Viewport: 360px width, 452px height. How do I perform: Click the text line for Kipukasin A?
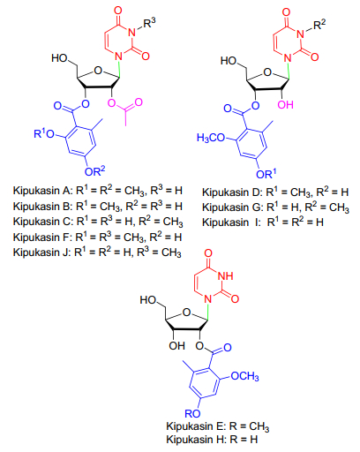[x=98, y=191]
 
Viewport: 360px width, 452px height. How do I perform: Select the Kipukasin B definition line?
[x=98, y=206]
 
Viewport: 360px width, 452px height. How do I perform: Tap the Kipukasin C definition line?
[x=98, y=222]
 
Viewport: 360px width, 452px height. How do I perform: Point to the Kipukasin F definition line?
[x=97, y=237]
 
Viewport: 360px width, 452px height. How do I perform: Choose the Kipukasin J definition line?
[x=97, y=252]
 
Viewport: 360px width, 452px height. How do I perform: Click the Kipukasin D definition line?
[x=275, y=192]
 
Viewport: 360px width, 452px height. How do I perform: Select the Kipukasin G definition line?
[x=275, y=207]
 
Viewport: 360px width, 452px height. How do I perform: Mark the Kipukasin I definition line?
[x=263, y=222]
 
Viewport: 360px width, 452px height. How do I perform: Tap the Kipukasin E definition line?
[x=218, y=426]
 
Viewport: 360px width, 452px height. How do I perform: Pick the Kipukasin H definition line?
[x=212, y=440]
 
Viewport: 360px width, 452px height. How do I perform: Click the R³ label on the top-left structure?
[x=149, y=22]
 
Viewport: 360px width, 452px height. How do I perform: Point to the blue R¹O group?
[x=44, y=133]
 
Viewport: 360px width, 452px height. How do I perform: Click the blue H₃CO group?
[x=211, y=138]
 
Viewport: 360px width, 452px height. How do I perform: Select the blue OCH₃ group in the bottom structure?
[x=244, y=376]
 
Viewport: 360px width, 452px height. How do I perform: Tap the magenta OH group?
[x=285, y=104]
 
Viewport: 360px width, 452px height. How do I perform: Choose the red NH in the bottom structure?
[x=225, y=275]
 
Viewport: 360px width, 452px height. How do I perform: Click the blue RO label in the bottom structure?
[x=192, y=413]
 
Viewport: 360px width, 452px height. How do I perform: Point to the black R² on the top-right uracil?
[x=319, y=25]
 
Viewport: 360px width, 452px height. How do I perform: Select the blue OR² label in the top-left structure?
[x=94, y=171]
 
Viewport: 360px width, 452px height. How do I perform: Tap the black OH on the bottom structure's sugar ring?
[x=176, y=345]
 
